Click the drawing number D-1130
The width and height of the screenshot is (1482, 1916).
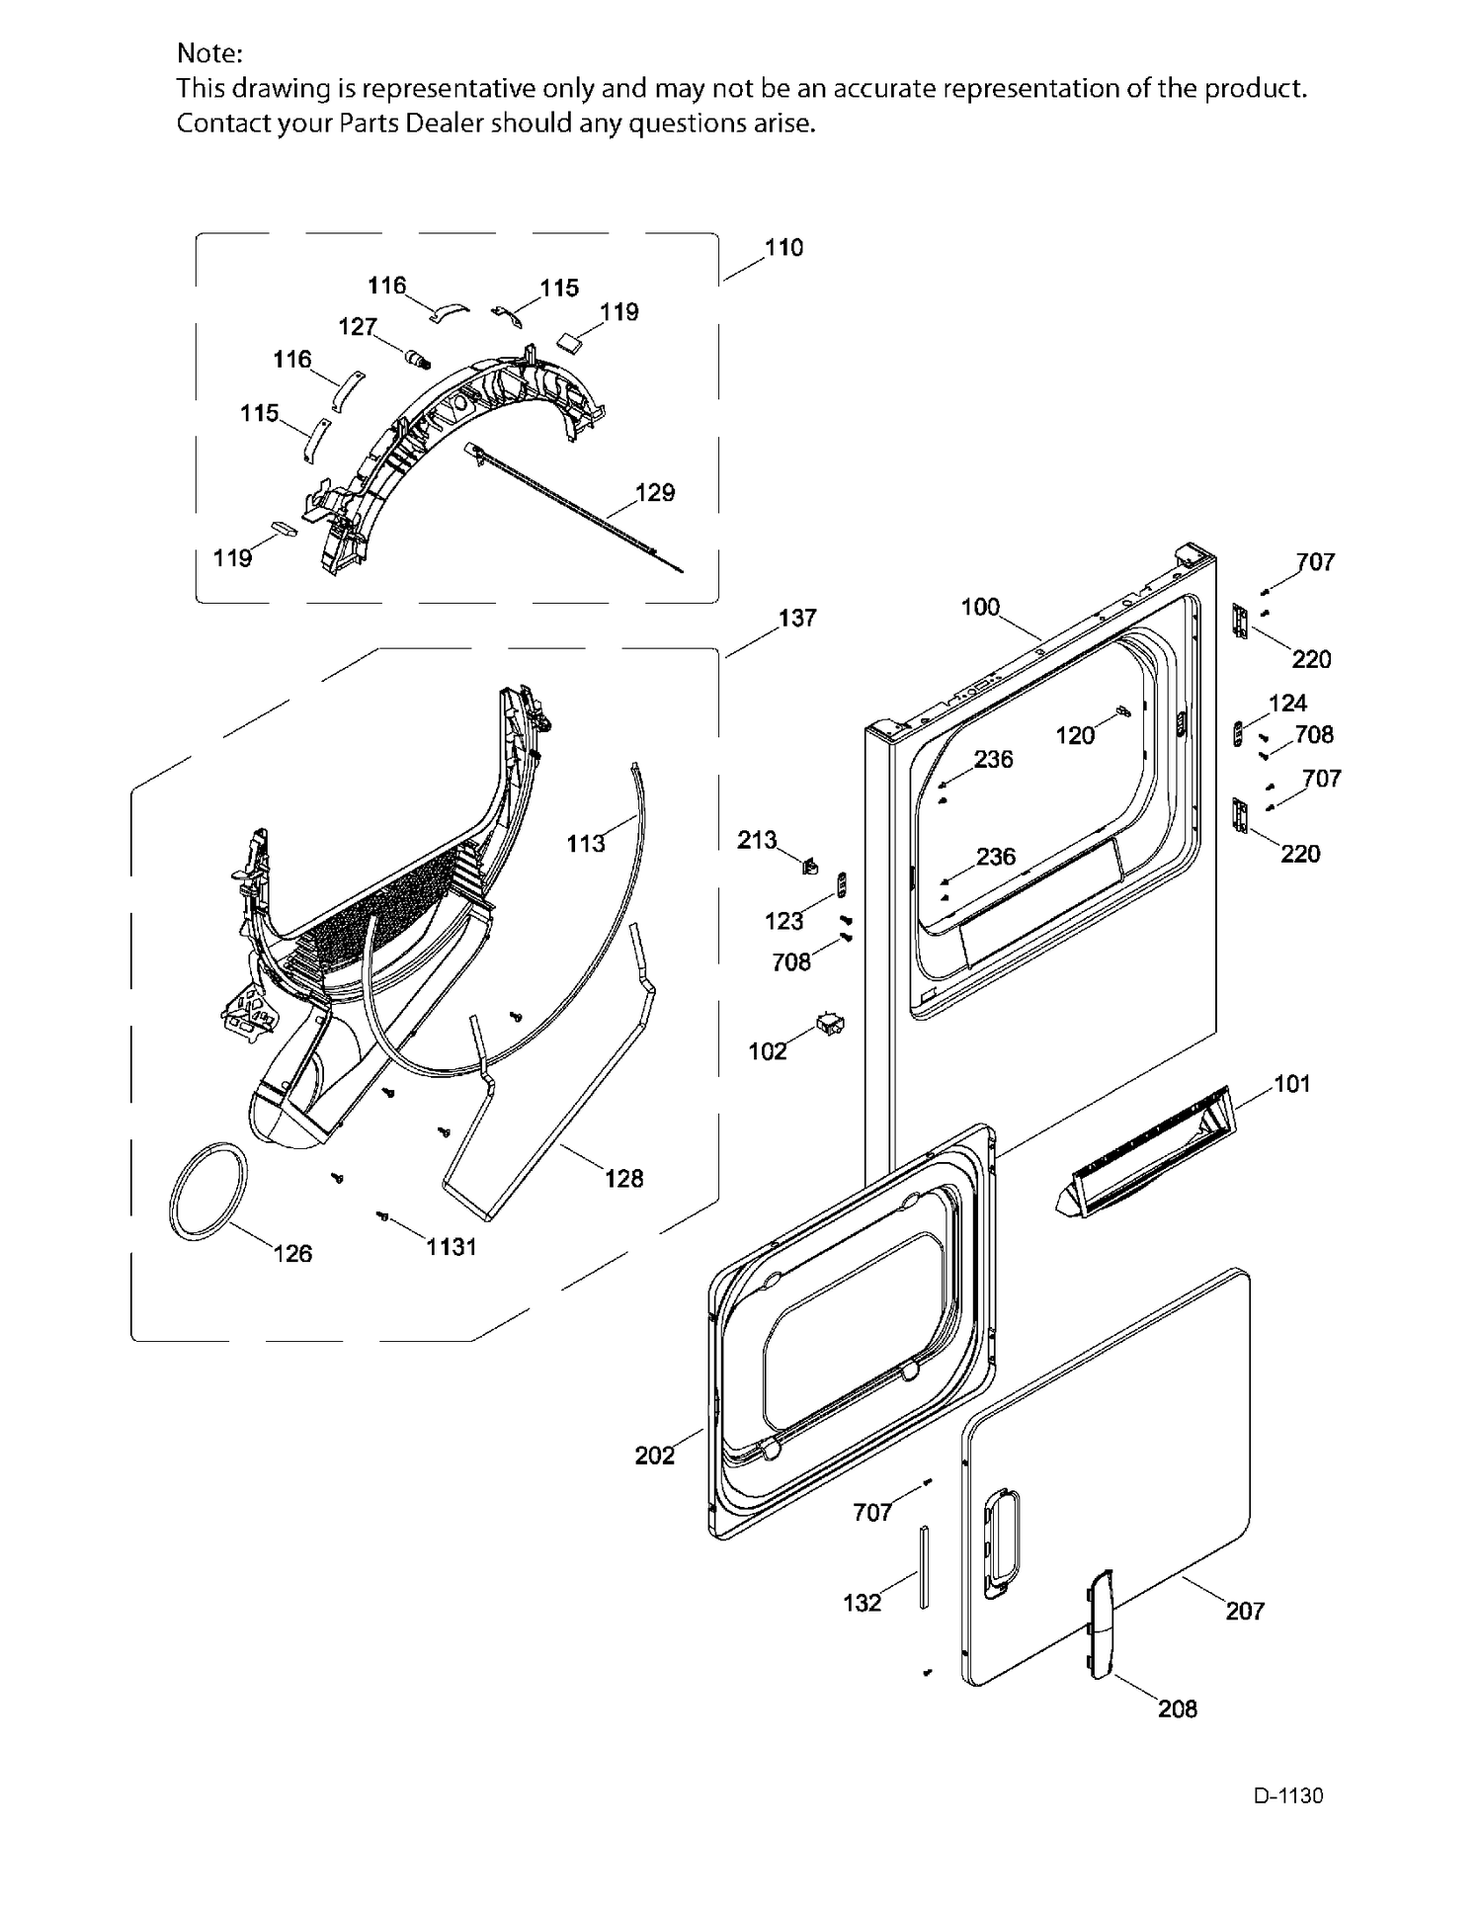tap(1288, 1795)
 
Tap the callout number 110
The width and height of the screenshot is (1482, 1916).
tap(783, 248)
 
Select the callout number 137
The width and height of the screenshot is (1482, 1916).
tap(797, 619)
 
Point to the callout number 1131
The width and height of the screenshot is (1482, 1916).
tap(452, 1247)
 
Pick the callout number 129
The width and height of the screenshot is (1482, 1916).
tap(655, 492)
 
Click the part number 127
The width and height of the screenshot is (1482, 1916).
tap(358, 326)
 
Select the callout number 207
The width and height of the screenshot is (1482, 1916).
tap(1245, 1612)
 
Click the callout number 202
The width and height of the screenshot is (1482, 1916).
tap(655, 1456)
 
